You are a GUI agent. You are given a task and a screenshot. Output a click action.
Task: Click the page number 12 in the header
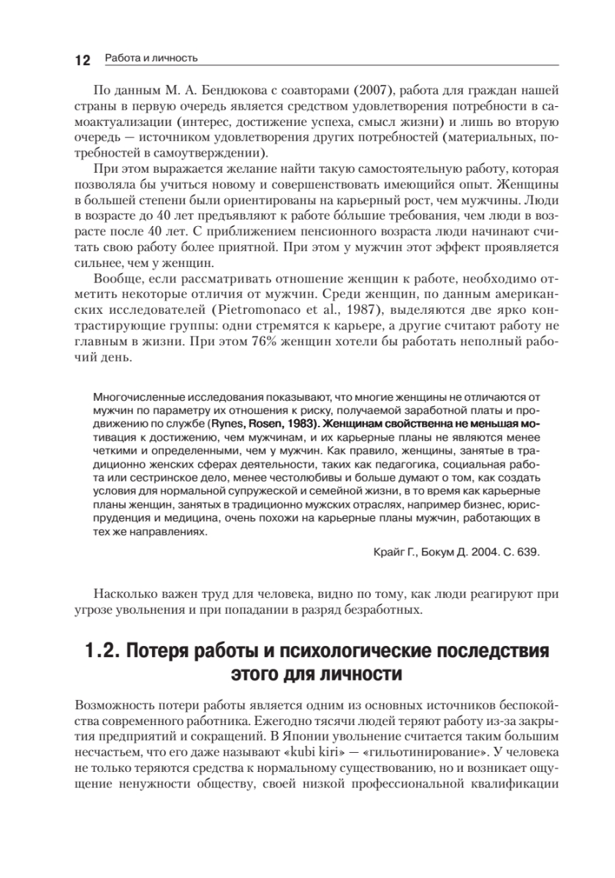81,59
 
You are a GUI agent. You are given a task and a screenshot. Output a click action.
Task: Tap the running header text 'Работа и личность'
151,58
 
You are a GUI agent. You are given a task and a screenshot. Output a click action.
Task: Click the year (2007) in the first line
355,91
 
